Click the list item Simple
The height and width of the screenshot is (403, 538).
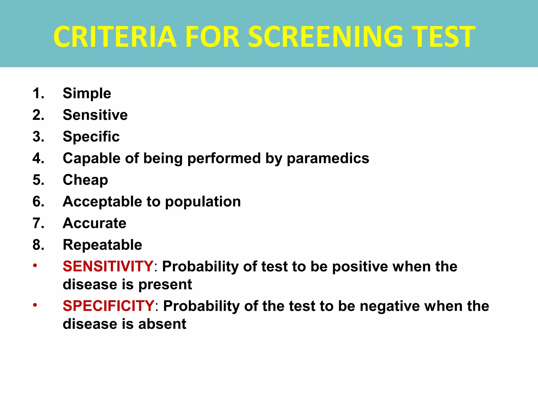[87, 93]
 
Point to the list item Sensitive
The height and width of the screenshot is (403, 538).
[95, 115]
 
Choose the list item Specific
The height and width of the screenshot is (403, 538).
[91, 137]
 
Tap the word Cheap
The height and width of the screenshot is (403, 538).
[85, 180]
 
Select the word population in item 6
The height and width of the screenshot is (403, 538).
[203, 202]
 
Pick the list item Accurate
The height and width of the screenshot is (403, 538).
[95, 223]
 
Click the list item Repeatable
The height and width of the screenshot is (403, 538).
[102, 245]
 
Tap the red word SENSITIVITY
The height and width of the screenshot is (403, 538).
[108, 267]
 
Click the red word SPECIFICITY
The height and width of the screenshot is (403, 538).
[108, 306]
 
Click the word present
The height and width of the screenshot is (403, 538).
[165, 285]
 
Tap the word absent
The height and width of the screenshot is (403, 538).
[162, 324]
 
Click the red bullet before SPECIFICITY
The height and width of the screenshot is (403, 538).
[35, 305]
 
